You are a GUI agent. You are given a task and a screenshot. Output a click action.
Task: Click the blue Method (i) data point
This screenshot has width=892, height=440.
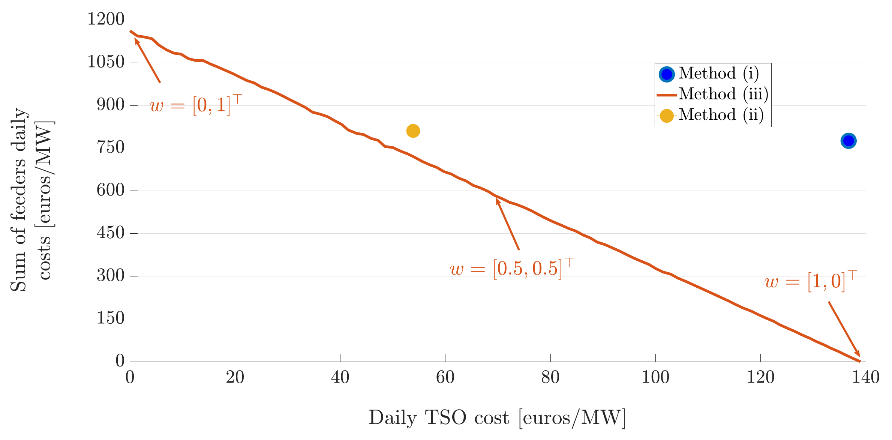[x=848, y=141]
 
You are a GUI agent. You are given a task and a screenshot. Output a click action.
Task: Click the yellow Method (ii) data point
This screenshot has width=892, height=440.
[x=413, y=131]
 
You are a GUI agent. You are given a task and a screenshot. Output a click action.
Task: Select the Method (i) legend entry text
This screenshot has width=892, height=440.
[x=718, y=74]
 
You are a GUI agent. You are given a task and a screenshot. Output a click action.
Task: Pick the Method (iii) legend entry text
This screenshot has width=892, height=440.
[x=723, y=94]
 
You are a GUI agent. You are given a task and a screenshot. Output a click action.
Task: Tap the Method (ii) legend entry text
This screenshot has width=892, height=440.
[x=721, y=115]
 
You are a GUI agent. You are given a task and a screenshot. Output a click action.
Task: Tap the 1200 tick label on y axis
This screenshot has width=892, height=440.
[x=106, y=19]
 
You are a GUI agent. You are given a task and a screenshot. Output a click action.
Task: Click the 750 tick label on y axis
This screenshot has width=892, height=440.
[x=110, y=147]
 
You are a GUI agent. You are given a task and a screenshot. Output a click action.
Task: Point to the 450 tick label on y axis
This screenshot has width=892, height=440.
[x=110, y=233]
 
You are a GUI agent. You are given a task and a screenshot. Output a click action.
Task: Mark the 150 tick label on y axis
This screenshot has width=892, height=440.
[x=110, y=318]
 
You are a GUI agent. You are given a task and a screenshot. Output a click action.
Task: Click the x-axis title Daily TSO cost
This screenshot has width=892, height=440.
[x=497, y=418]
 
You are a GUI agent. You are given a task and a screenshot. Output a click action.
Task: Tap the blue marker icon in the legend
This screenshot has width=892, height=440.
[x=667, y=74]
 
